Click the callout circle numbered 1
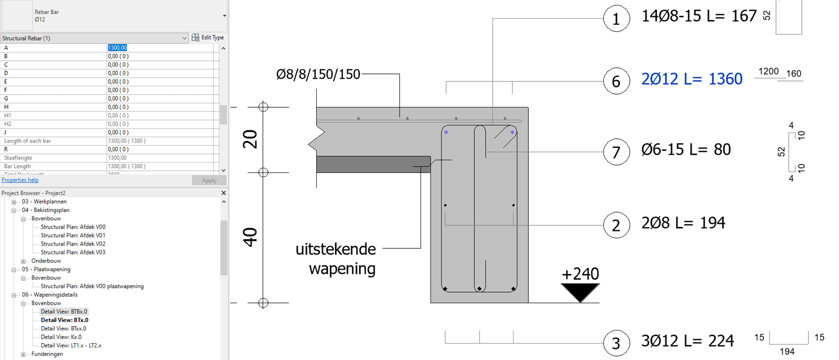click(616, 19)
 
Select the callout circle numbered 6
click(616, 81)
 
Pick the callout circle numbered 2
click(616, 225)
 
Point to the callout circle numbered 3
click(616, 343)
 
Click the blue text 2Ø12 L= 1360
click(692, 80)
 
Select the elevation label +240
click(580, 274)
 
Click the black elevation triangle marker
click(580, 292)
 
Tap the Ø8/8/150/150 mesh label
click(318, 74)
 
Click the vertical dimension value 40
click(250, 238)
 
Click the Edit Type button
click(208, 38)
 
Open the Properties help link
click(20, 180)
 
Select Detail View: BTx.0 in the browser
click(65, 320)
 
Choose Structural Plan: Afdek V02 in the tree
click(73, 244)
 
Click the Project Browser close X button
click(223, 193)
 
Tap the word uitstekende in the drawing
click(336, 250)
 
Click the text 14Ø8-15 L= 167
click(699, 16)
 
